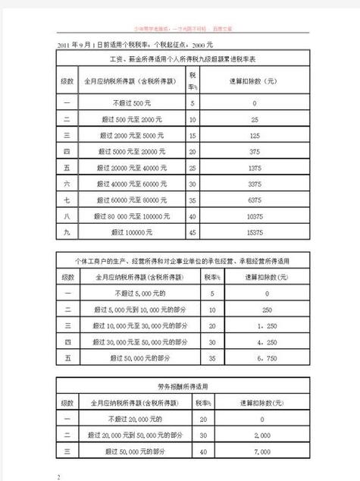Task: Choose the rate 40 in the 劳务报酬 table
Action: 202,452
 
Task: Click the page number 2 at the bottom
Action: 58,476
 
